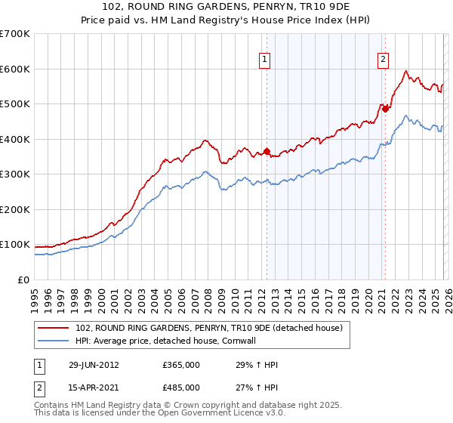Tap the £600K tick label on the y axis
pos(15,69)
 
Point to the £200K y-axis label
pos(15,209)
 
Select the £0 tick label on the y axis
pos(24,279)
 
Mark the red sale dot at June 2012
pos(267,151)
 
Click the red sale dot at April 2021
pos(384,109)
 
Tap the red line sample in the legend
pos(54,328)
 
